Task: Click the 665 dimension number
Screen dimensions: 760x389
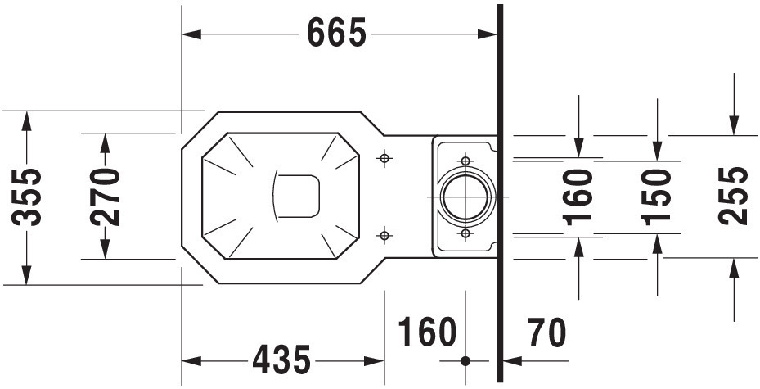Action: pyautogui.click(x=336, y=33)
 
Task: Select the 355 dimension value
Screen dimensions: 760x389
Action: pyautogui.click(x=27, y=197)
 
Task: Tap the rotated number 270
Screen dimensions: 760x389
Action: pyautogui.click(x=105, y=197)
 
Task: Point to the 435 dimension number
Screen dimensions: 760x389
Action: pyautogui.click(x=281, y=360)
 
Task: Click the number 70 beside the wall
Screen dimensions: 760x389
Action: pyautogui.click(x=546, y=332)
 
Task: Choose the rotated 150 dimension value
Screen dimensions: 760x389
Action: pyautogui.click(x=656, y=197)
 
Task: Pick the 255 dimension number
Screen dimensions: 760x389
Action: pyautogui.click(x=733, y=196)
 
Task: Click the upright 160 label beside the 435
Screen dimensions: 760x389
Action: pyautogui.click(x=427, y=332)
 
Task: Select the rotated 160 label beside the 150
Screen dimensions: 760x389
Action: pyautogui.click(x=578, y=197)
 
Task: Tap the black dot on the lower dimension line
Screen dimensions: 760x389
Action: pyautogui.click(x=465, y=361)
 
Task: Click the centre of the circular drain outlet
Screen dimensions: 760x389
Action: pyautogui.click(x=465, y=197)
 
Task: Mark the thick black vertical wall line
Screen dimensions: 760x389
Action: pyautogui.click(x=500, y=193)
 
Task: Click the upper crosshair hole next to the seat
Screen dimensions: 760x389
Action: pyautogui.click(x=384, y=158)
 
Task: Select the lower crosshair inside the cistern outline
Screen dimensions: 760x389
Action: pyautogui.click(x=465, y=234)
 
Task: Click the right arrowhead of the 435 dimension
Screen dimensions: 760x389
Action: pyautogui.click(x=374, y=361)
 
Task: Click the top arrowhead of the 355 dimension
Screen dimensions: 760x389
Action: pyautogui.click(x=27, y=121)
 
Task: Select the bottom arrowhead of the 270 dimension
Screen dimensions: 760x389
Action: pyautogui.click(x=105, y=249)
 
